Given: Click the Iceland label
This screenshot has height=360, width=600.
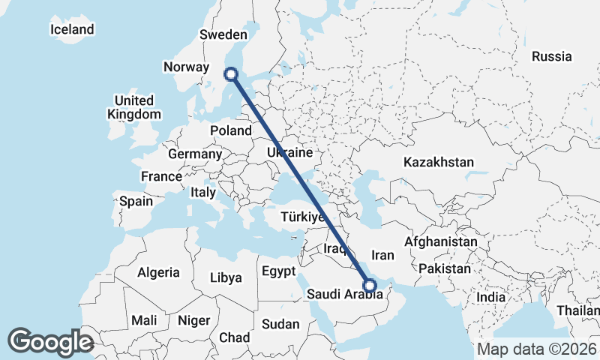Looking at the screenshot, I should click(x=72, y=29).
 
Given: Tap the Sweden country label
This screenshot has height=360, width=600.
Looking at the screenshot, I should click(x=223, y=34).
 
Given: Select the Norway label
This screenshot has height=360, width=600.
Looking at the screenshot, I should click(x=186, y=67).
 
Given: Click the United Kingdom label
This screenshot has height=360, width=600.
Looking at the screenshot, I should click(x=134, y=107).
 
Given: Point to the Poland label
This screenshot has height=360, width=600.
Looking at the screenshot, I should click(x=231, y=130).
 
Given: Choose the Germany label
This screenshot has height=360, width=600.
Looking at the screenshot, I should click(x=195, y=154).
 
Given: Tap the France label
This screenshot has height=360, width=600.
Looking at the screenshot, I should click(x=161, y=176).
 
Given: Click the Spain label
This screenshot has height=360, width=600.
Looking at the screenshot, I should click(x=136, y=201).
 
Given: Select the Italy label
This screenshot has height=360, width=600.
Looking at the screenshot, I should click(x=202, y=192).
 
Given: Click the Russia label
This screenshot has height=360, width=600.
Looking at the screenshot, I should click(x=551, y=56).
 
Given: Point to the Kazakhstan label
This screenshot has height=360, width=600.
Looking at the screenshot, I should click(x=439, y=162).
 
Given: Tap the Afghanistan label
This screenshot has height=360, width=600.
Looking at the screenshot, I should click(x=441, y=242).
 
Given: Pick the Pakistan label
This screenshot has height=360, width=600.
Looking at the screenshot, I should click(x=445, y=268).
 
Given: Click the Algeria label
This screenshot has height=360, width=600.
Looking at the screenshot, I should click(x=158, y=272).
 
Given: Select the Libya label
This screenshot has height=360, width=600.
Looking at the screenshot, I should click(x=226, y=277).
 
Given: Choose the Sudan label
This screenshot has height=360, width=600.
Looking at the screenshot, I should click(x=280, y=324).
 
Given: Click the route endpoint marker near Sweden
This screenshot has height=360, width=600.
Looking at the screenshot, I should click(x=231, y=74).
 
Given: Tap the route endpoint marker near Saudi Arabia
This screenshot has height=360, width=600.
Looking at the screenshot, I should click(x=369, y=285).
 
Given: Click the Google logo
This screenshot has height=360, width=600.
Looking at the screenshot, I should click(x=50, y=342).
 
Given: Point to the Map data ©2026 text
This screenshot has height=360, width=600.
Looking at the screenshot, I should click(x=537, y=349).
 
